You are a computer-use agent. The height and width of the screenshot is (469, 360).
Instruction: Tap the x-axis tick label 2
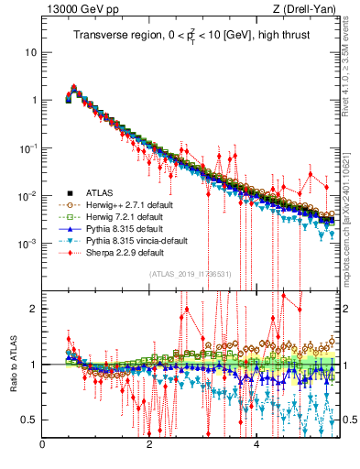[x=149, y=446]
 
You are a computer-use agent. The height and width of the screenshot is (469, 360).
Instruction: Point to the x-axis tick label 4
[x=256, y=446]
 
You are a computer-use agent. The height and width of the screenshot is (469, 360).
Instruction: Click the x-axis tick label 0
[x=43, y=446]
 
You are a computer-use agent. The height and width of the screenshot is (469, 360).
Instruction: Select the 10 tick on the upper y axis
[x=30, y=52]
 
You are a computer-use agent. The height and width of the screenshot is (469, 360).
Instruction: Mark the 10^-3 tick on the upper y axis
[x=27, y=244]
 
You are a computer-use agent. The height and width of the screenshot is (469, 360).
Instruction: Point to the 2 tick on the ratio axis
[x=33, y=309]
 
